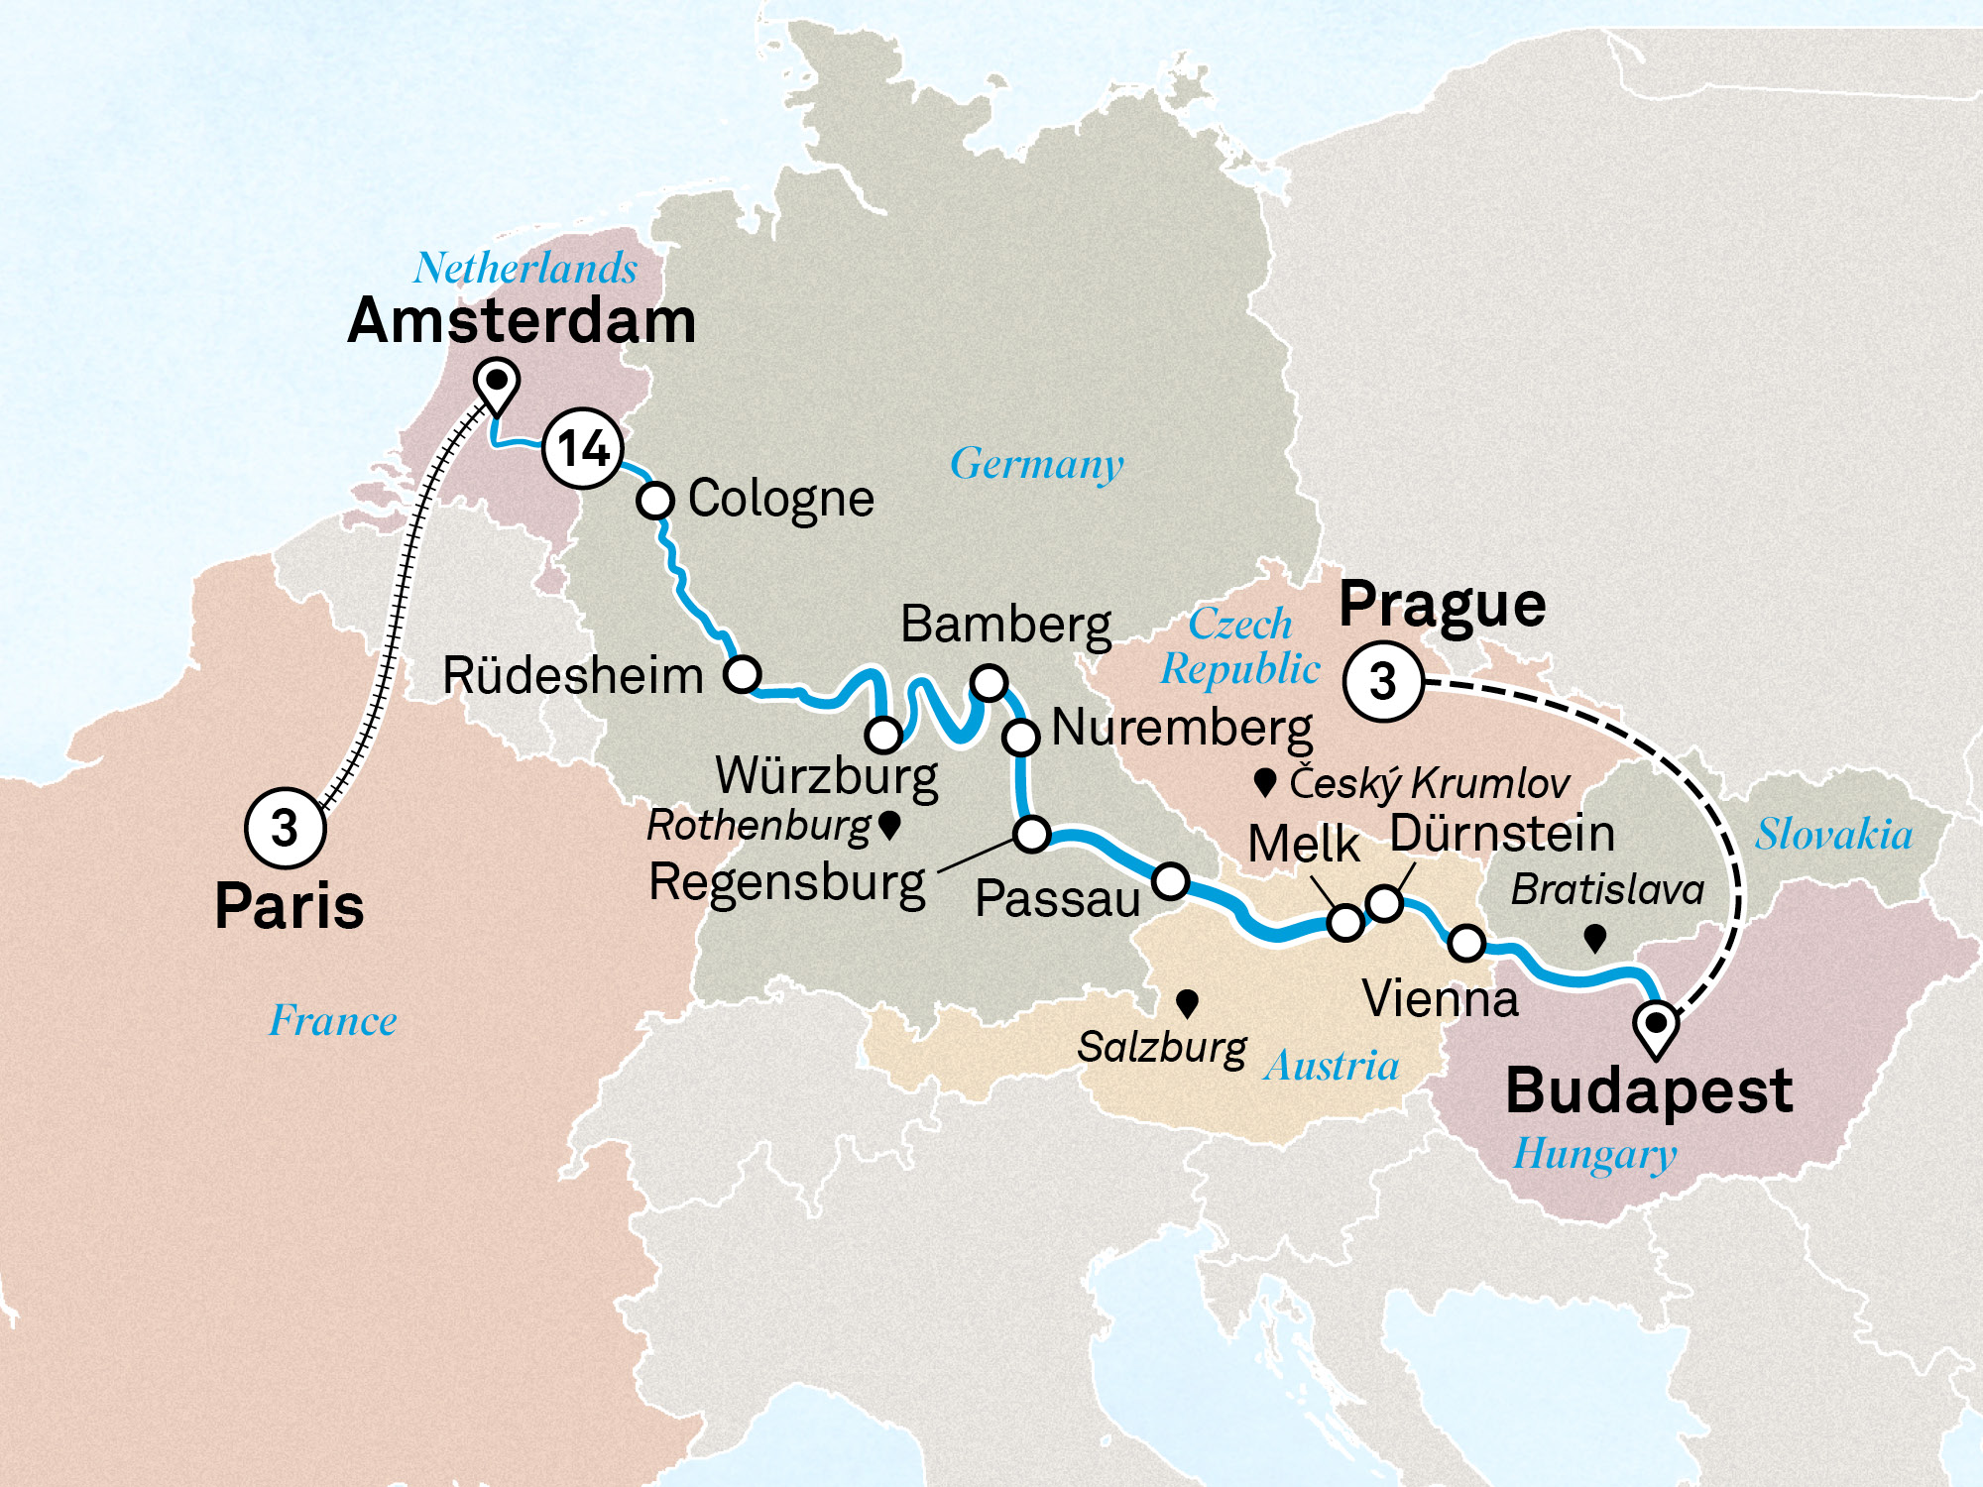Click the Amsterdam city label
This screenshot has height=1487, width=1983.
click(x=522, y=321)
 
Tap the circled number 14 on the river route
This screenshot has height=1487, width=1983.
click(x=583, y=449)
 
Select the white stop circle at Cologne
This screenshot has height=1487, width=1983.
click(x=654, y=500)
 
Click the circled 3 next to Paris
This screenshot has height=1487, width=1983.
click(x=285, y=828)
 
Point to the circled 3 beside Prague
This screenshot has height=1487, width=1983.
click(x=1383, y=681)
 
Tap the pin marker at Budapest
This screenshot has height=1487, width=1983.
click(x=1656, y=1025)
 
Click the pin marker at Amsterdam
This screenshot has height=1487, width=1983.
click(x=497, y=384)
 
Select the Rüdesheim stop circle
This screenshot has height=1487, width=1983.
click(x=742, y=674)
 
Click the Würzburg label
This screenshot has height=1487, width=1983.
click(x=827, y=776)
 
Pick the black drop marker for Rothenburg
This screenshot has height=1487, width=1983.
click(x=889, y=824)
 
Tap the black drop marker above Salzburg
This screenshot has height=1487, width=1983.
click(x=1187, y=1003)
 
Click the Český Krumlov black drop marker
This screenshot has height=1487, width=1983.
click(x=1264, y=782)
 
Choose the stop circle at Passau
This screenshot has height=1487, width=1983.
click(x=1170, y=880)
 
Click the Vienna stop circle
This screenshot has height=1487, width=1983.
click(x=1466, y=943)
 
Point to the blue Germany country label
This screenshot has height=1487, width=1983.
click(x=1037, y=464)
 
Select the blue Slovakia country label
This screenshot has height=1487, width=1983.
click(x=1833, y=835)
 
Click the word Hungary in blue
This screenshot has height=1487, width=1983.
click(x=1594, y=1155)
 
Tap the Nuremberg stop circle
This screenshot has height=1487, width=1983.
click(x=1020, y=737)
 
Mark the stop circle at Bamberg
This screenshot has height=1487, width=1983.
click(x=989, y=683)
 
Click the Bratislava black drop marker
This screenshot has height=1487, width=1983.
click(x=1594, y=937)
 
